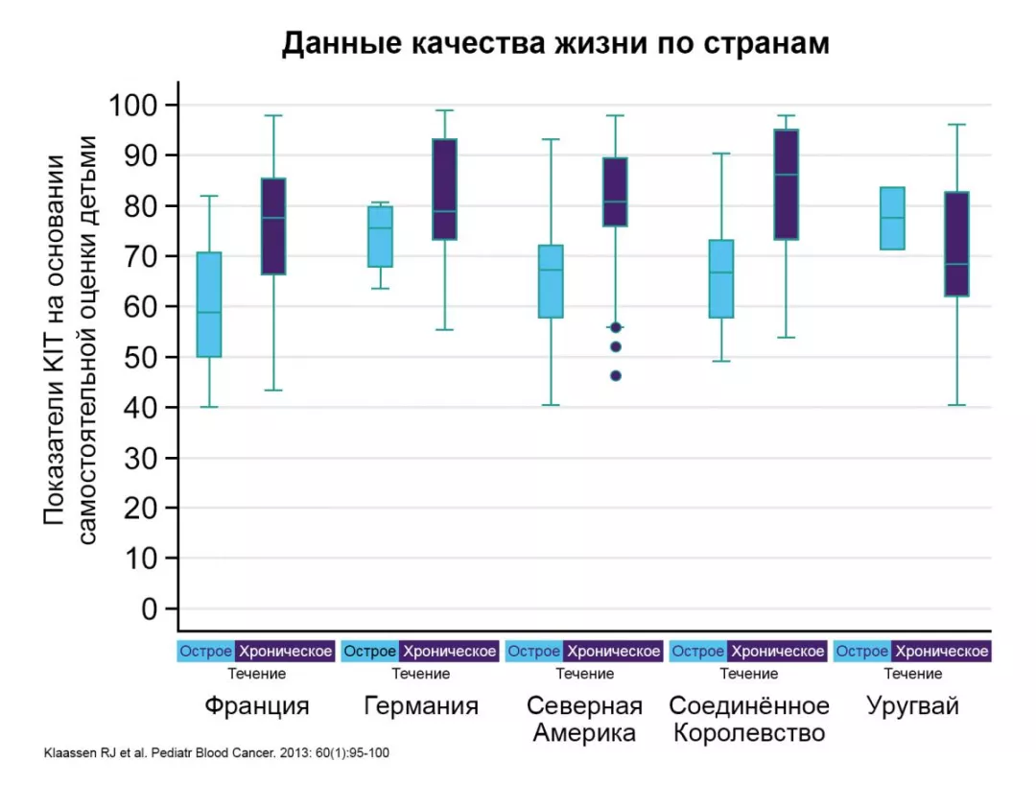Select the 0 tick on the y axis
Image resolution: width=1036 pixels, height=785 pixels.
(148, 609)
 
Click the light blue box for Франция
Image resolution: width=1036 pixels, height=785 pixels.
(209, 304)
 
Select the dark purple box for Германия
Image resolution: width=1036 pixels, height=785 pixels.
(444, 189)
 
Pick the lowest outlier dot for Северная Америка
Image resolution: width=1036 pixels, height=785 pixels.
(616, 376)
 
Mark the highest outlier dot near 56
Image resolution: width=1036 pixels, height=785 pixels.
(616, 327)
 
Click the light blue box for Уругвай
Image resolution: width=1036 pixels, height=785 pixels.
(892, 218)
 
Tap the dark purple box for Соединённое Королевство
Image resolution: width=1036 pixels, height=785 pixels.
(787, 184)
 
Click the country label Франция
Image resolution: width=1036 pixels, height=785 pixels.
(256, 707)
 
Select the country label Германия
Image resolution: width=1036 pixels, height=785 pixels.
(421, 707)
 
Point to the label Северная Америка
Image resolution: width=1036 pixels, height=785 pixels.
(584, 720)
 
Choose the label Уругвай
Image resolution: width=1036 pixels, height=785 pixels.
(912, 707)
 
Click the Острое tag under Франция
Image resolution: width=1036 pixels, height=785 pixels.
(206, 652)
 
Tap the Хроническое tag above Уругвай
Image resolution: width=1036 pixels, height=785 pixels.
(941, 652)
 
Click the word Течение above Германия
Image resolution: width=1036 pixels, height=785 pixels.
(420, 674)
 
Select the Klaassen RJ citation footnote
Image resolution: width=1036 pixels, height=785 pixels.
(217, 754)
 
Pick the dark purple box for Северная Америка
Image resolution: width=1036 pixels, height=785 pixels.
(615, 192)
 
